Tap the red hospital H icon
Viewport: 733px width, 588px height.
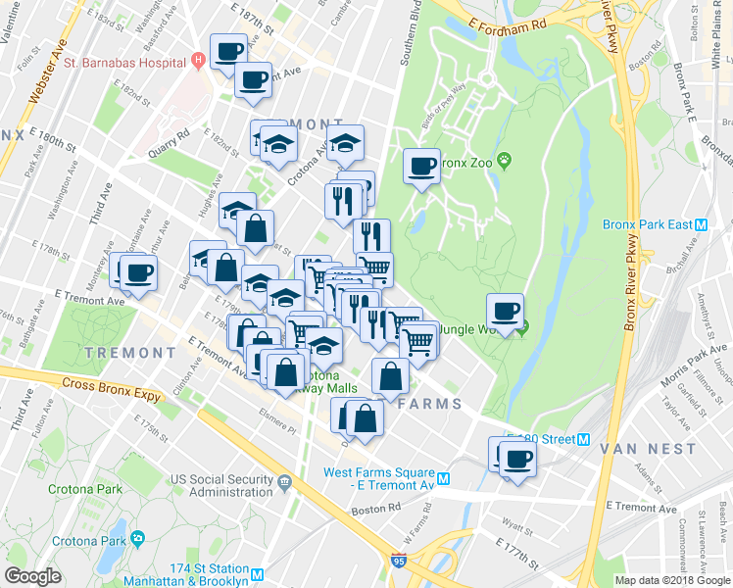click(x=198, y=60)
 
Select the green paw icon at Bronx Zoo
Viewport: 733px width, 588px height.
click(x=505, y=161)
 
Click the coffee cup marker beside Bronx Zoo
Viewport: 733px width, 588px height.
click(x=422, y=166)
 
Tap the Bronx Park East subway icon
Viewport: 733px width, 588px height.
click(x=701, y=223)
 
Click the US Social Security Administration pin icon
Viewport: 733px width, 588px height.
click(x=283, y=482)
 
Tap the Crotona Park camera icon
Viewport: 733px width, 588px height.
click(x=137, y=539)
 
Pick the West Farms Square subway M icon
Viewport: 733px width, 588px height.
click(x=444, y=478)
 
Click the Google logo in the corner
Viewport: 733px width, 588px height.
click(x=33, y=576)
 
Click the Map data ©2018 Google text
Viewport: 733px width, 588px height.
click(x=672, y=580)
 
